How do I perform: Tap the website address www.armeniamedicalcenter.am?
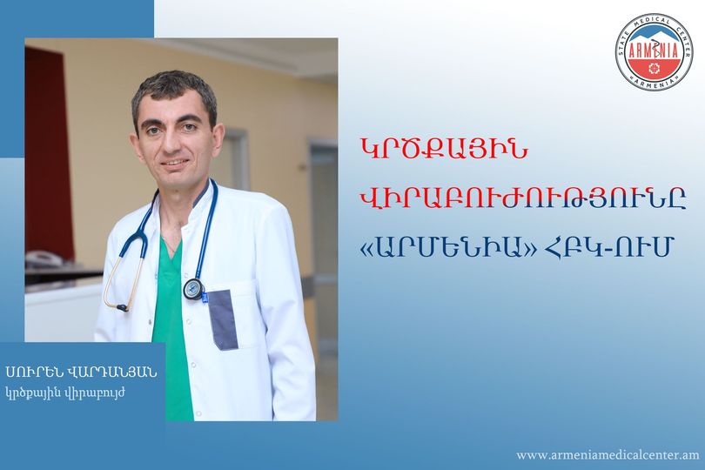click(x=608, y=454)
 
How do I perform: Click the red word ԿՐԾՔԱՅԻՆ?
click(x=444, y=151)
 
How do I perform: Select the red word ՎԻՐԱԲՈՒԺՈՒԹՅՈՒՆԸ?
click(x=524, y=199)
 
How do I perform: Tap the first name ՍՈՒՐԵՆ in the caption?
click(x=32, y=372)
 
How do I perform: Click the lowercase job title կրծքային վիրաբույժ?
click(x=65, y=393)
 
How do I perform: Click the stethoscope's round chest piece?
click(x=194, y=289)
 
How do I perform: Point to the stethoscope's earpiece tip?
click(x=122, y=307)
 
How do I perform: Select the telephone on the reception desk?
click(x=44, y=258)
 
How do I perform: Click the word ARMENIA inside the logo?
click(x=655, y=50)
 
